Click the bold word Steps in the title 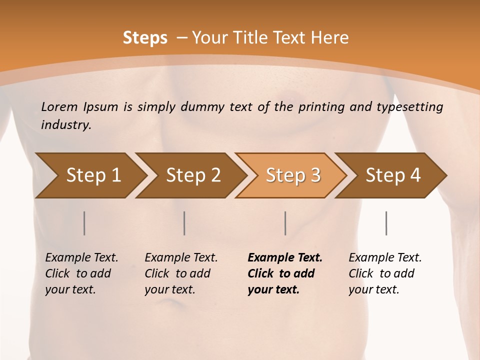click(x=145, y=38)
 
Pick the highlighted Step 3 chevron click(x=292, y=175)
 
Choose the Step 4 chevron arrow click(x=392, y=175)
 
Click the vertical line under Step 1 click(x=84, y=223)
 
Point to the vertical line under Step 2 click(x=184, y=223)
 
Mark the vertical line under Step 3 click(x=285, y=223)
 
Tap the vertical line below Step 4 click(x=386, y=223)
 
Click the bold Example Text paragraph click(x=285, y=273)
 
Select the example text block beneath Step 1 click(x=81, y=273)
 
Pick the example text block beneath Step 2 click(x=181, y=273)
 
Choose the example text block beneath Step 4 click(x=385, y=273)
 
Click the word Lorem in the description click(x=59, y=106)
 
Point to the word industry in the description click(x=66, y=125)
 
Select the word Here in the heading click(x=331, y=38)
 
